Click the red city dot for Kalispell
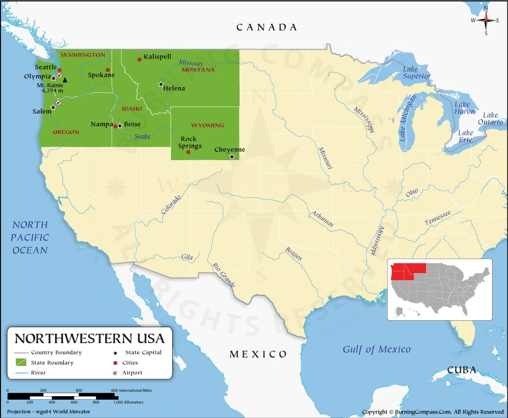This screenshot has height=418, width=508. [139, 60]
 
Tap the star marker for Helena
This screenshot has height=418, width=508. [160, 84]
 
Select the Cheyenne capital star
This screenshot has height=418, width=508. [232, 157]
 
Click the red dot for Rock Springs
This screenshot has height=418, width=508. [188, 152]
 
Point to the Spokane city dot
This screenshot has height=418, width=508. [108, 70]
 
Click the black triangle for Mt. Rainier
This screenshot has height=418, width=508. [65, 79]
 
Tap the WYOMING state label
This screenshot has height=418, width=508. [207, 125]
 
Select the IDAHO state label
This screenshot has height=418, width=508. [132, 109]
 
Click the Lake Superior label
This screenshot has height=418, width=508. [416, 72]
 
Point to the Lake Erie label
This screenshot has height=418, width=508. [465, 136]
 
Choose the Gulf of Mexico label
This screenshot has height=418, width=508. [377, 350]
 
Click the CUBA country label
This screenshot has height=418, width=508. [462, 370]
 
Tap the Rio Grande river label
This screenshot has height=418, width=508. [223, 275]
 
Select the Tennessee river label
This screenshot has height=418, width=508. [437, 218]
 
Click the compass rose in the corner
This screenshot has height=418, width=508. [486, 20]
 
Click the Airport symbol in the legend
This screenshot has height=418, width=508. [115, 373]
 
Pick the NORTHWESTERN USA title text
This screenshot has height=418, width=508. [89, 339]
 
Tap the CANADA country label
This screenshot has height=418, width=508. [266, 27]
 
